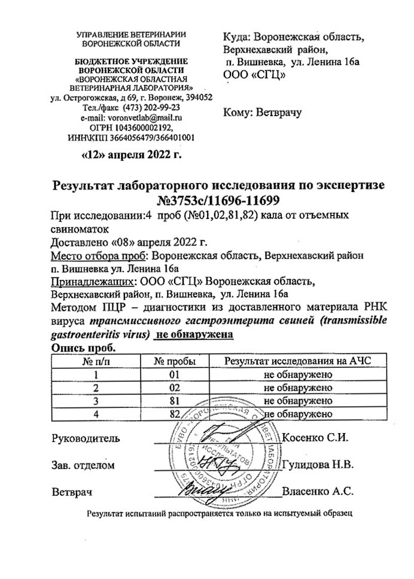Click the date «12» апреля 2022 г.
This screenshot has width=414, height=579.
coord(130,157)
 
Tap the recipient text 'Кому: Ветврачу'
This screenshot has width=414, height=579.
coord(263,112)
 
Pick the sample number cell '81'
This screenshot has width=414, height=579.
coord(175,400)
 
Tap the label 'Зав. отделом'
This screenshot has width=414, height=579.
coord(81,465)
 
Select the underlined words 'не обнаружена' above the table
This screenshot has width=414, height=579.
coord(193,336)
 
